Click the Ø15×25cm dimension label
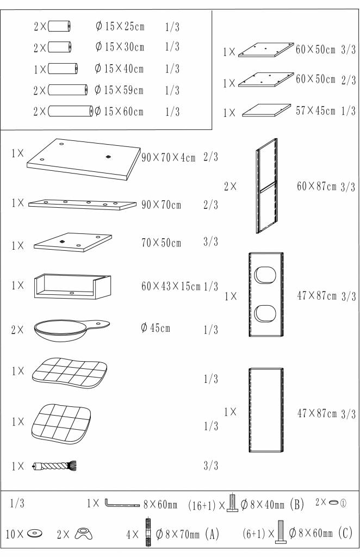coord(120,26)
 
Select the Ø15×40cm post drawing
coord(63,69)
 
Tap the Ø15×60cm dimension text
coord(119,112)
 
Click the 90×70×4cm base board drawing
coord(84,159)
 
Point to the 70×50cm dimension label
coord(161,243)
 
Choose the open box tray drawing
coord(72,286)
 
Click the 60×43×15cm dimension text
coord(171,286)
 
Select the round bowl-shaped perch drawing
coord(72,330)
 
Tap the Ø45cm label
coord(156,327)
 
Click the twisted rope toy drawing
coord(54,466)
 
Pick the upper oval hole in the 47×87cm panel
coord(265,275)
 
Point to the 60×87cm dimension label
coord(316,186)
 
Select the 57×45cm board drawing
coord(266,110)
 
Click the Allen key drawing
coord(122,503)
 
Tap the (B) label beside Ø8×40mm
coord(297,504)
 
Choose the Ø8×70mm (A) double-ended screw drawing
coord(148,533)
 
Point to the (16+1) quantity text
coord(202,505)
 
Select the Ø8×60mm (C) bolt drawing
coord(280,532)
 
